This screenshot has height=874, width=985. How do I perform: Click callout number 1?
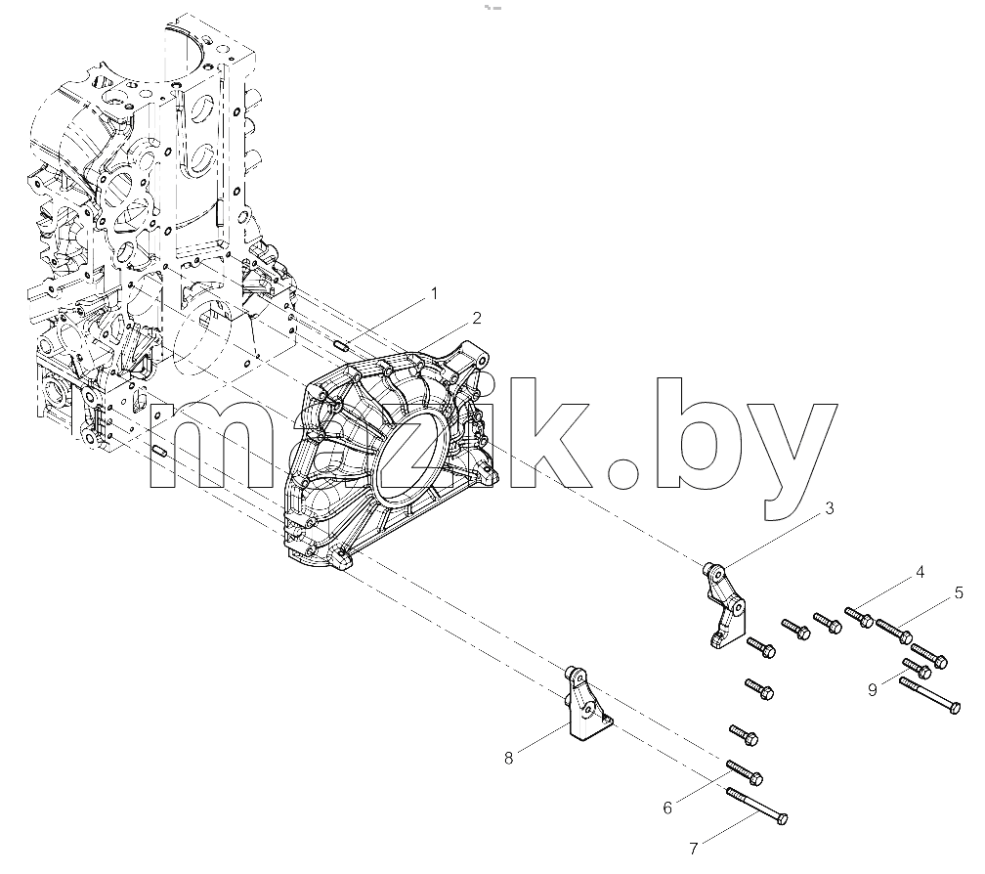[433, 293]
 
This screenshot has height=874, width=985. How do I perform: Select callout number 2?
[477, 318]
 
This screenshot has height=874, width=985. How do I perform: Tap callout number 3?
[830, 508]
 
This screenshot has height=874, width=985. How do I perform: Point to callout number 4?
[920, 572]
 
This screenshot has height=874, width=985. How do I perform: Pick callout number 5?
[959, 592]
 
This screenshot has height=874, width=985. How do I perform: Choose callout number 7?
[694, 849]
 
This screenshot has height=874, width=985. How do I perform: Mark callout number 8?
[509, 759]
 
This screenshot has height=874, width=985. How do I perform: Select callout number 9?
[872, 690]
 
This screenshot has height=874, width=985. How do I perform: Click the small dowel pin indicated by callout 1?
[342, 345]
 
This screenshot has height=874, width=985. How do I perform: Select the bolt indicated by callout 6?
[745, 771]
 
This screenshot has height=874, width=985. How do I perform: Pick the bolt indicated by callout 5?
[894, 631]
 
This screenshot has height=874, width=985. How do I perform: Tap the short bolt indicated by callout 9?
[917, 668]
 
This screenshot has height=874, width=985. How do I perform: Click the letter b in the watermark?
[694, 433]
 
